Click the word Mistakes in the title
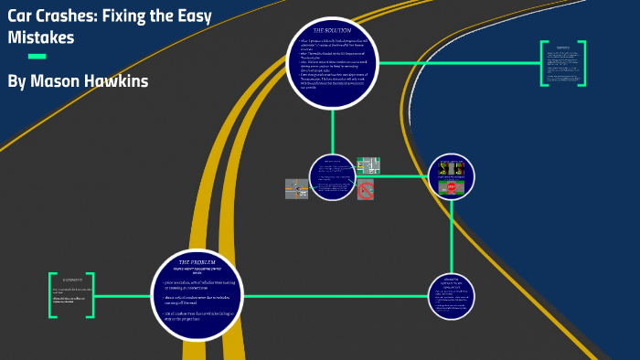tap(41, 37)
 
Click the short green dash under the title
tap(37, 57)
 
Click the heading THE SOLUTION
tap(332, 30)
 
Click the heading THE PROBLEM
tap(196, 262)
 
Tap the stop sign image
tap(452, 187)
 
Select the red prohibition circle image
tap(366, 190)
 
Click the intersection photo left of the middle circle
tap(296, 188)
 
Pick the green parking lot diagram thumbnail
tap(368, 166)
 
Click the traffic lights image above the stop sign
tap(452, 168)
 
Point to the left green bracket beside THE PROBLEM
tap(53, 295)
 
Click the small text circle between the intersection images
tap(332, 176)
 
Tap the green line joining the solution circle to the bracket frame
tap(457, 62)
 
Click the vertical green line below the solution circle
tap(332, 128)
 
